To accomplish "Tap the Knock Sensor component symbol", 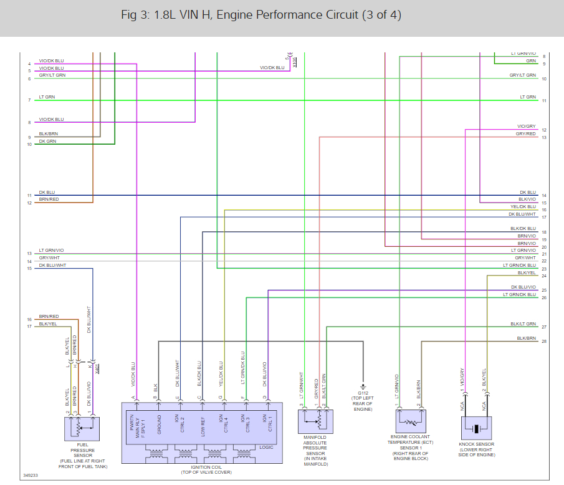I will click(477, 428).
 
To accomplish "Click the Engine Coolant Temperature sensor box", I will click(409, 421).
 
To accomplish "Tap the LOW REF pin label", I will click(203, 424).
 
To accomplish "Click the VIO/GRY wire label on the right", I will click(526, 127).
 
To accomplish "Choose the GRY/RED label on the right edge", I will click(525, 134).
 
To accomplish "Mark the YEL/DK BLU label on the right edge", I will click(523, 207).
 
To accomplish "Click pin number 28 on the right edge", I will click(544, 342).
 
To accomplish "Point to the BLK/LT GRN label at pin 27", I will click(523, 324).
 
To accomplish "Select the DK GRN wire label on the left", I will click(48, 142).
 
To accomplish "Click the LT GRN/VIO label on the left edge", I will click(51, 251).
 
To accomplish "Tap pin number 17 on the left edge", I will click(29, 327).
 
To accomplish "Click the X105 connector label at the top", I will click(295, 61).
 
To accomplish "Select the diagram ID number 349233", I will click(31, 476).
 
